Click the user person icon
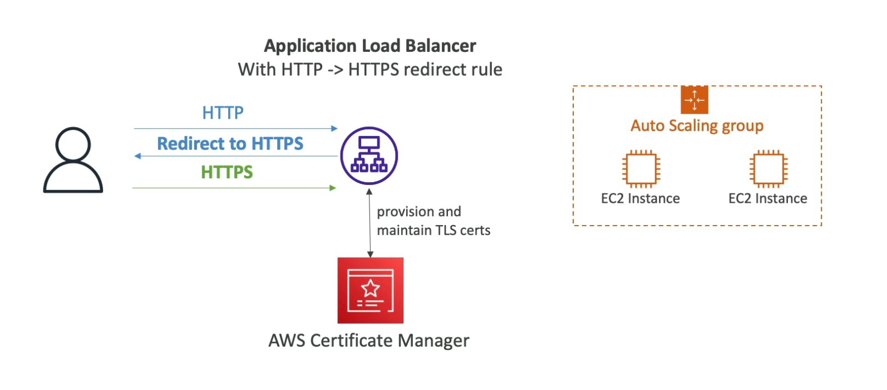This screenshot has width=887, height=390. (x=73, y=160)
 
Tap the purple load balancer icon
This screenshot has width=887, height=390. (x=369, y=155)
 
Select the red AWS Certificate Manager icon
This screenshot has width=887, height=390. (x=370, y=290)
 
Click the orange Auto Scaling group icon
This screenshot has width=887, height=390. (x=694, y=100)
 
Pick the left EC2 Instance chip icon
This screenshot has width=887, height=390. (x=641, y=168)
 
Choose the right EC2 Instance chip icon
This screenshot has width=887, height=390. (x=768, y=168)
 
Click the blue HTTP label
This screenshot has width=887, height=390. (x=223, y=113)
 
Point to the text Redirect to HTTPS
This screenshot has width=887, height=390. (x=230, y=144)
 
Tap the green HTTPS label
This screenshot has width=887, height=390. (x=227, y=172)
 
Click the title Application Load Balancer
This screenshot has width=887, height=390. (x=370, y=46)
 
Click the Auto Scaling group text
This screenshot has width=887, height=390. (x=697, y=126)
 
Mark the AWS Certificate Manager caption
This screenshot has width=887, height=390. (x=369, y=340)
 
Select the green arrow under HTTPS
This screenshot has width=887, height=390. (x=234, y=188)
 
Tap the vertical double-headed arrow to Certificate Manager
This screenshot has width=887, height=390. (x=369, y=223)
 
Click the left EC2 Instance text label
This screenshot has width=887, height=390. (x=640, y=199)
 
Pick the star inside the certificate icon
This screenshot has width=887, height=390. (x=371, y=288)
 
